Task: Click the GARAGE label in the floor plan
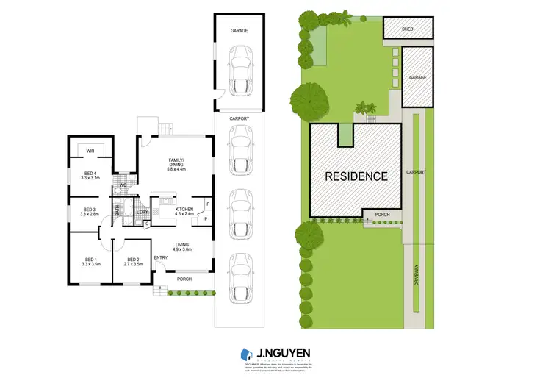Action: pyautogui.click(x=239, y=32)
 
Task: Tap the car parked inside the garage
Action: pyautogui.click(x=240, y=70)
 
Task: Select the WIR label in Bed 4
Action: pyautogui.click(x=90, y=151)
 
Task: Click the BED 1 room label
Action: pyautogui.click(x=90, y=260)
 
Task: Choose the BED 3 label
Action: pyautogui.click(x=90, y=209)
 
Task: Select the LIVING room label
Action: pyautogui.click(x=181, y=245)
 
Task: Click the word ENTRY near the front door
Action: pyautogui.click(x=160, y=257)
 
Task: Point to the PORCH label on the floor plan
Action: pyautogui.click(x=184, y=279)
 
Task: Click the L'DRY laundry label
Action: pyautogui.click(x=142, y=213)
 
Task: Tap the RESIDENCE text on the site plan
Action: pyautogui.click(x=356, y=176)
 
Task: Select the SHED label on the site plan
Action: pyautogui.click(x=408, y=29)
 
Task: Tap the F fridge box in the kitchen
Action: pyautogui.click(x=208, y=204)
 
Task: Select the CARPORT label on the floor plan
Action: pyautogui.click(x=239, y=118)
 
